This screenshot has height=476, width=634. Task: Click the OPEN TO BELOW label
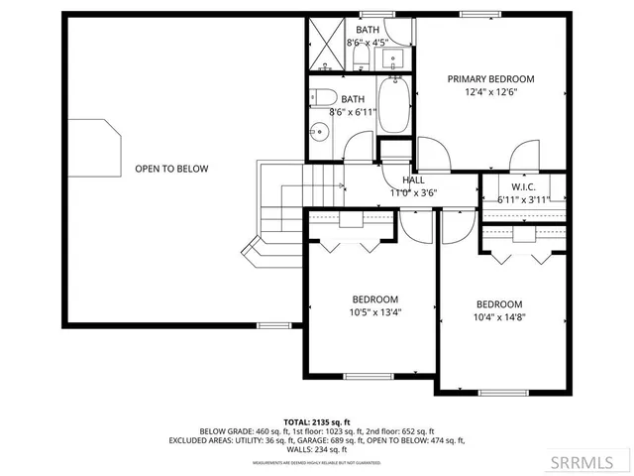tap(171, 169)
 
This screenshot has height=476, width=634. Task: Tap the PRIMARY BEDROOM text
tap(490, 79)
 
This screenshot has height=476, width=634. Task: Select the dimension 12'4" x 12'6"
tap(490, 92)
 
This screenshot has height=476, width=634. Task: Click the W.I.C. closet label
tap(523, 186)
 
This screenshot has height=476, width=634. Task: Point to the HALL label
tap(414, 180)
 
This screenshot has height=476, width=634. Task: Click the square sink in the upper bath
tap(391, 58)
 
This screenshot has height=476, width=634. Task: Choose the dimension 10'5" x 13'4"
tap(375, 312)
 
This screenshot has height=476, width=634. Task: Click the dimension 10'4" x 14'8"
tap(498, 317)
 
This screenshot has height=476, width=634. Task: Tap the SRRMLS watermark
tap(589, 462)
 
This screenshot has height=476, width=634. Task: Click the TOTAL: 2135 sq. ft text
tap(317, 421)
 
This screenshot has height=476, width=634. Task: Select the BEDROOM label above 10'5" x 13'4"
tap(375, 299)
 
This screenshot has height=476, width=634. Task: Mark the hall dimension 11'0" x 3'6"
tap(414, 193)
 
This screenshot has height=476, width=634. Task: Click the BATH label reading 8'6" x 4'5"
tap(361, 31)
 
